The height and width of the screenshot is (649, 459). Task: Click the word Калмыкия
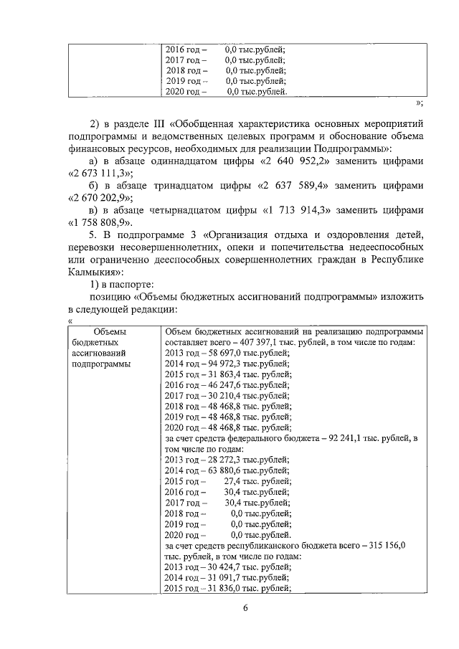[x=93, y=272]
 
